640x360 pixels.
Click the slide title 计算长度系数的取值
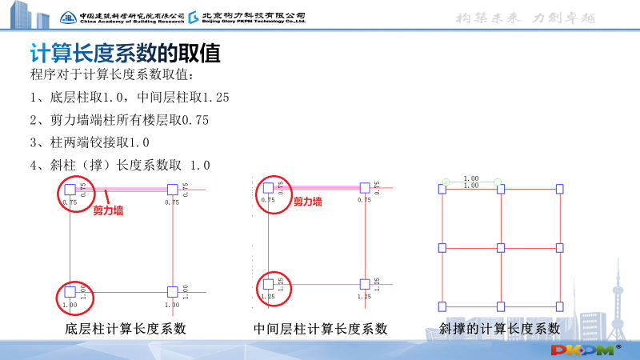coord(125,54)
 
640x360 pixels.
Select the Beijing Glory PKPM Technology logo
coord(248,17)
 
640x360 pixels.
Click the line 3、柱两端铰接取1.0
coord(90,142)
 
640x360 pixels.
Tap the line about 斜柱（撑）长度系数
coord(119,165)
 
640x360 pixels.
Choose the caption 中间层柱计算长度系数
coord(321,329)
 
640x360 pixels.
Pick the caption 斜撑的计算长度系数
coord(499,329)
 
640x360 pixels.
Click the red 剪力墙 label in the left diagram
coord(108,211)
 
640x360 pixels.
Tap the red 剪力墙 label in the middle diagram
coord(307,202)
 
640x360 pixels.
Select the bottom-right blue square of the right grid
coord(559,306)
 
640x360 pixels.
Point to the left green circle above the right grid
coord(446,183)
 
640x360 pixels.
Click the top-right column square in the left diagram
coord(171,189)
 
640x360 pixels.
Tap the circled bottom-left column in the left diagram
coord(70,291)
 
